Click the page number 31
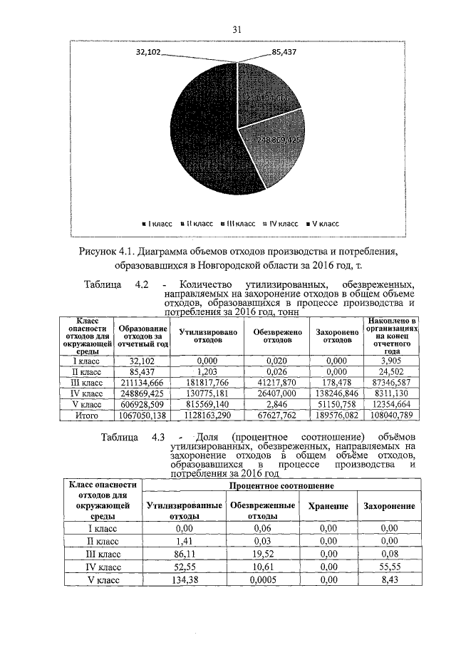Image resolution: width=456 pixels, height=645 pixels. pos(238,29)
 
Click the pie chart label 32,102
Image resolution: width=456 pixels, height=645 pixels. pos(151,53)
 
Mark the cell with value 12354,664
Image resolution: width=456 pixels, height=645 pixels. pos(390,404)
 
